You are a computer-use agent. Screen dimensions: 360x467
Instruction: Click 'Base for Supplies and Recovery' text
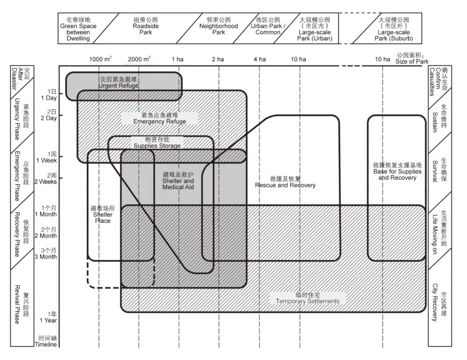[394, 171]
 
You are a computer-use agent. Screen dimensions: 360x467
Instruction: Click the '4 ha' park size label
[259, 59]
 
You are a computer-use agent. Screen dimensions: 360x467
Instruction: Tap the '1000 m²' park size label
[100, 59]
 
